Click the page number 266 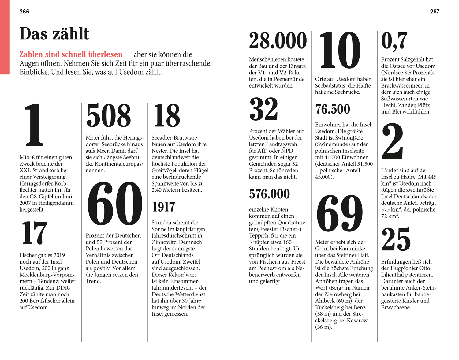[24, 12]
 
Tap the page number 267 [435, 12]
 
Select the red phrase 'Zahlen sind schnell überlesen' [71, 54]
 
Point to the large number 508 [109, 115]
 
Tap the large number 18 [167, 115]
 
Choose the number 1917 [163, 207]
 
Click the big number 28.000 [278, 40]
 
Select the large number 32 [264, 109]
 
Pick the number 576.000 [269, 194]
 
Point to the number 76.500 [333, 109]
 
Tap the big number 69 [340, 213]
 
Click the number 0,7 [394, 41]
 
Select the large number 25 [396, 239]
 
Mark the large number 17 [34, 233]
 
